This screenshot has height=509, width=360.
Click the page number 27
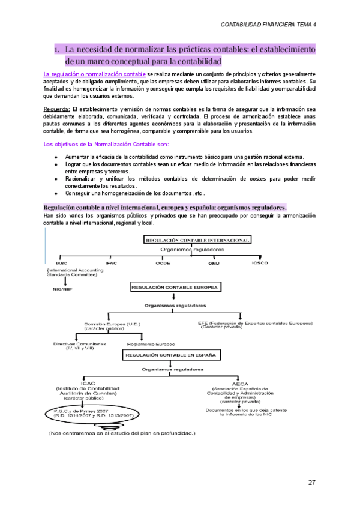click(312, 482)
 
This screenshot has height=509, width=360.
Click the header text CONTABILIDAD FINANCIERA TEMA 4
click(269, 25)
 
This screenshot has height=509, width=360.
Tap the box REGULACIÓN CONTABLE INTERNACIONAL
click(197, 239)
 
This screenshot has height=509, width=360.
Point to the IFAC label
click(111, 264)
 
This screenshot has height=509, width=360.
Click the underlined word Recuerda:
click(58, 109)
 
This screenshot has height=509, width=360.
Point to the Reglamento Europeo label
click(151, 344)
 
